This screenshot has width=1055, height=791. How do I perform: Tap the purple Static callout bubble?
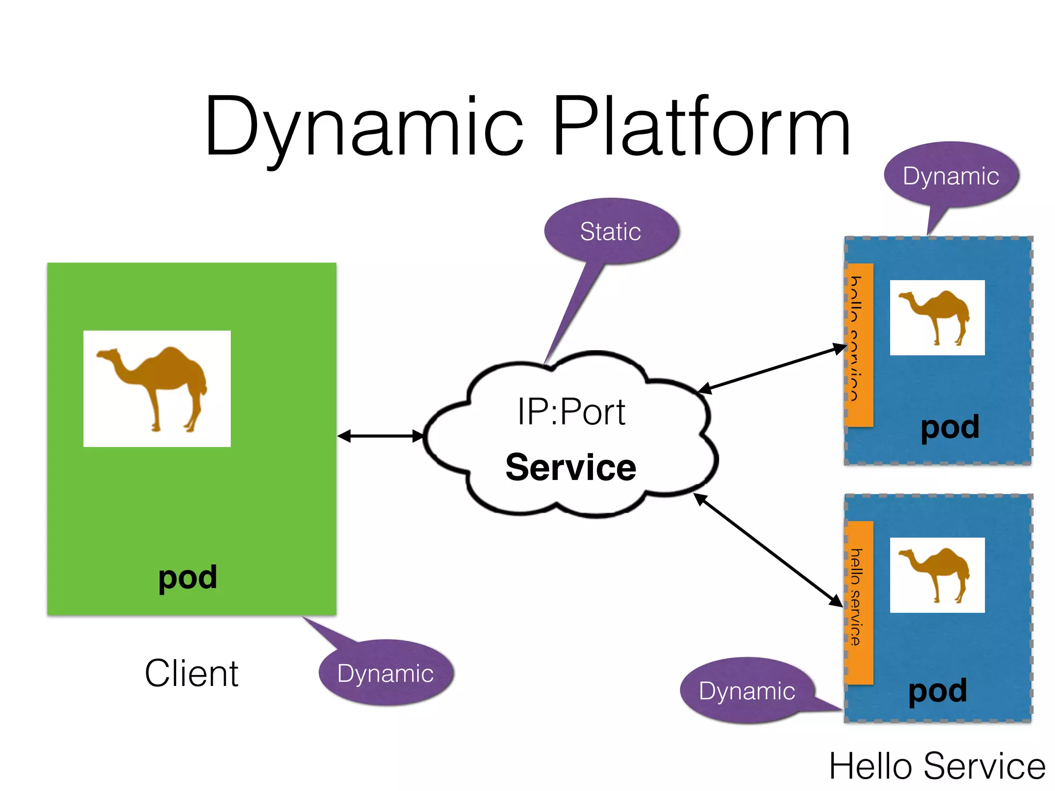coord(611,231)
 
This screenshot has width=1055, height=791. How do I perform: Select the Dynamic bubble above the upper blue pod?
coord(951,176)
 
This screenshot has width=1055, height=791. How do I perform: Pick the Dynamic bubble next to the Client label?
coord(385,673)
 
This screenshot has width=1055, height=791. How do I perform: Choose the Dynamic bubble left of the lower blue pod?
coord(747,691)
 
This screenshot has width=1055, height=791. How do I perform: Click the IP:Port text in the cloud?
coord(571,412)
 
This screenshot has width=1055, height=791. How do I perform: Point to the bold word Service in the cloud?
coord(571,467)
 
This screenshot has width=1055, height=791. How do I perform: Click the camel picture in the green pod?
coord(157,389)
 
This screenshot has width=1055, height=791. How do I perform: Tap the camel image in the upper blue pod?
coord(937,318)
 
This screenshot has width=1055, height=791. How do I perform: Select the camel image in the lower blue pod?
coord(937,575)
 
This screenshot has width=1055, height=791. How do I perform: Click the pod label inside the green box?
coord(188,577)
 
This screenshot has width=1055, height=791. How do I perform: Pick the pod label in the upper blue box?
coord(950,427)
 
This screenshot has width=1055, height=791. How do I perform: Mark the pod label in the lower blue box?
coord(938,691)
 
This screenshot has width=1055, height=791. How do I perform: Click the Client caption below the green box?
coord(191,673)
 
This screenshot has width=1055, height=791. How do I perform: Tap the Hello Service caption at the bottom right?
coord(937,766)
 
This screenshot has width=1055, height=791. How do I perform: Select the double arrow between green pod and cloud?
coord(380,436)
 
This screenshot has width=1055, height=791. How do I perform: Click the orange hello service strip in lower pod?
coord(859,603)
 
